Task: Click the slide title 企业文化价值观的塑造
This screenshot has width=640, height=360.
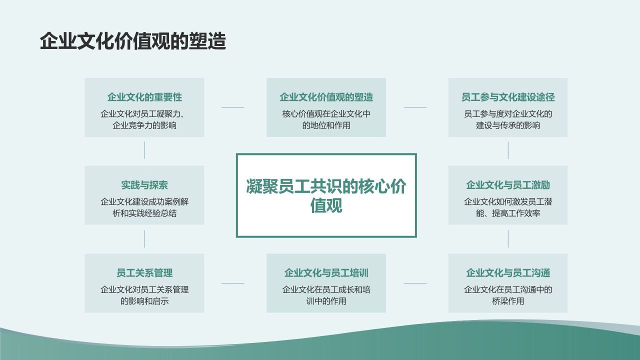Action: (133, 41)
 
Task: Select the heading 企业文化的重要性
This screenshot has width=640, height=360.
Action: (144, 97)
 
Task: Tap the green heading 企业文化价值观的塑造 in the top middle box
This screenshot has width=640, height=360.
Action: (326, 97)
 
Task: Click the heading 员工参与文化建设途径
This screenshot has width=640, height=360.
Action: (508, 97)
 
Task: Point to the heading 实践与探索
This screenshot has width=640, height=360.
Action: (144, 185)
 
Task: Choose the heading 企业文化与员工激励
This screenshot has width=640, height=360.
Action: (508, 185)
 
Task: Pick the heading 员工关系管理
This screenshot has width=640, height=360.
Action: (144, 273)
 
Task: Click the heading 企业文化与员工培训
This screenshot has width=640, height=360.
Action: (326, 273)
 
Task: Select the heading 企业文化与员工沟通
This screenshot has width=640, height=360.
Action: (508, 273)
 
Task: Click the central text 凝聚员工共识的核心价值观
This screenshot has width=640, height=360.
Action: (326, 195)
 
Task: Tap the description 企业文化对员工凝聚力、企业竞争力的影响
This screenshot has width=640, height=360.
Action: (144, 119)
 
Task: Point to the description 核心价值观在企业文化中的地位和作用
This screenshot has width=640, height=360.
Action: (326, 119)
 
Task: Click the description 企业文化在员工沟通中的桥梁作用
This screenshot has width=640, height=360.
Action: (508, 295)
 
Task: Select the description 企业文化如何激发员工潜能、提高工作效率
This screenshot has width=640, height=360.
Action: (508, 207)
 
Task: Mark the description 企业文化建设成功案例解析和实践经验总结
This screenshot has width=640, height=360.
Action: (144, 207)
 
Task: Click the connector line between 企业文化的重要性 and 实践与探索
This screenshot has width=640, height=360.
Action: (144, 150)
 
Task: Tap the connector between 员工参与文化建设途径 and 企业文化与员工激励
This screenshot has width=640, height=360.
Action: (508, 150)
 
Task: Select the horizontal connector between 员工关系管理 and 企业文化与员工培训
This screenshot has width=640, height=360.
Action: (233, 283)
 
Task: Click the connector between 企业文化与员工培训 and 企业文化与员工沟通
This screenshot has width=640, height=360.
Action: (415, 283)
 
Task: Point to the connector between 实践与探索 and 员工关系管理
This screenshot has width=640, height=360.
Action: (144, 239)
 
